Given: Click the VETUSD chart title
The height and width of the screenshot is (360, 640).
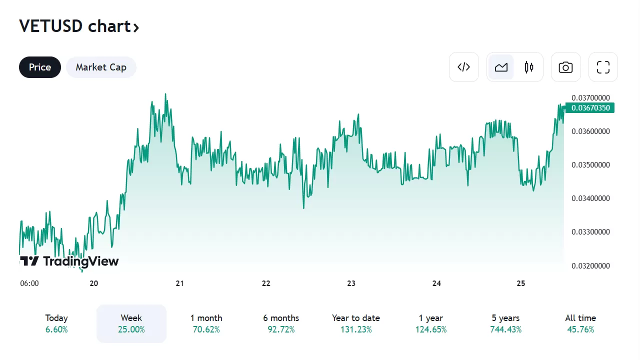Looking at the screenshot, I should pyautogui.click(x=78, y=26).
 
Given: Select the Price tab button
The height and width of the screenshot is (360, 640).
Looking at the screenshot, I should pyautogui.click(x=40, y=67).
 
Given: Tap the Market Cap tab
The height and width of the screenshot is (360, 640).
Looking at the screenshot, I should pyautogui.click(x=101, y=67).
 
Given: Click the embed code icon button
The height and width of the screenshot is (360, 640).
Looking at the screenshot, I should pyautogui.click(x=464, y=67).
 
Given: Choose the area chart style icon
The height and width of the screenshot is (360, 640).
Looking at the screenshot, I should pyautogui.click(x=501, y=67).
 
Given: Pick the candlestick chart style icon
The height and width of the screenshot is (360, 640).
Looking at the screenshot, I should pyautogui.click(x=529, y=67).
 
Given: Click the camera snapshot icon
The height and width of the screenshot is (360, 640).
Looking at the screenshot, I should pyautogui.click(x=566, y=67).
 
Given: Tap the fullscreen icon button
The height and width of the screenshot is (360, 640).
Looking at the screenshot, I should pyautogui.click(x=603, y=67).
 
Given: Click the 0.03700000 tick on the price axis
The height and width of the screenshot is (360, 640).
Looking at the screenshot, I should pyautogui.click(x=590, y=97).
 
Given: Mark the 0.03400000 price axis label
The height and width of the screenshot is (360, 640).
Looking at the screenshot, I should pyautogui.click(x=590, y=198).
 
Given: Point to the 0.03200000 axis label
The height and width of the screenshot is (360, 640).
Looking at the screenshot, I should pyautogui.click(x=590, y=266).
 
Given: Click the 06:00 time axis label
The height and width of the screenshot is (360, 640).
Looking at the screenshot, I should pyautogui.click(x=29, y=283).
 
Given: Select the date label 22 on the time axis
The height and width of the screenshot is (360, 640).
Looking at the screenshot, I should pyautogui.click(x=266, y=283).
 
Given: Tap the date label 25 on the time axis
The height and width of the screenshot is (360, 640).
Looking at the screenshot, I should pyautogui.click(x=521, y=283).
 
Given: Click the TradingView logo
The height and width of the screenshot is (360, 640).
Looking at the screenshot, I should pyautogui.click(x=69, y=261).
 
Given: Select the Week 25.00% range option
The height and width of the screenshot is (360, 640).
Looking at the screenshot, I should pyautogui.click(x=131, y=323).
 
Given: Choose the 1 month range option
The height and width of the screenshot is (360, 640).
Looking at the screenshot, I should pyautogui.click(x=206, y=323).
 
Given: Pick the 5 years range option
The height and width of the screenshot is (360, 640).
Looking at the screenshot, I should pyautogui.click(x=505, y=323).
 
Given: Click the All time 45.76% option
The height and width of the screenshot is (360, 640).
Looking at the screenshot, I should pyautogui.click(x=580, y=323).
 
